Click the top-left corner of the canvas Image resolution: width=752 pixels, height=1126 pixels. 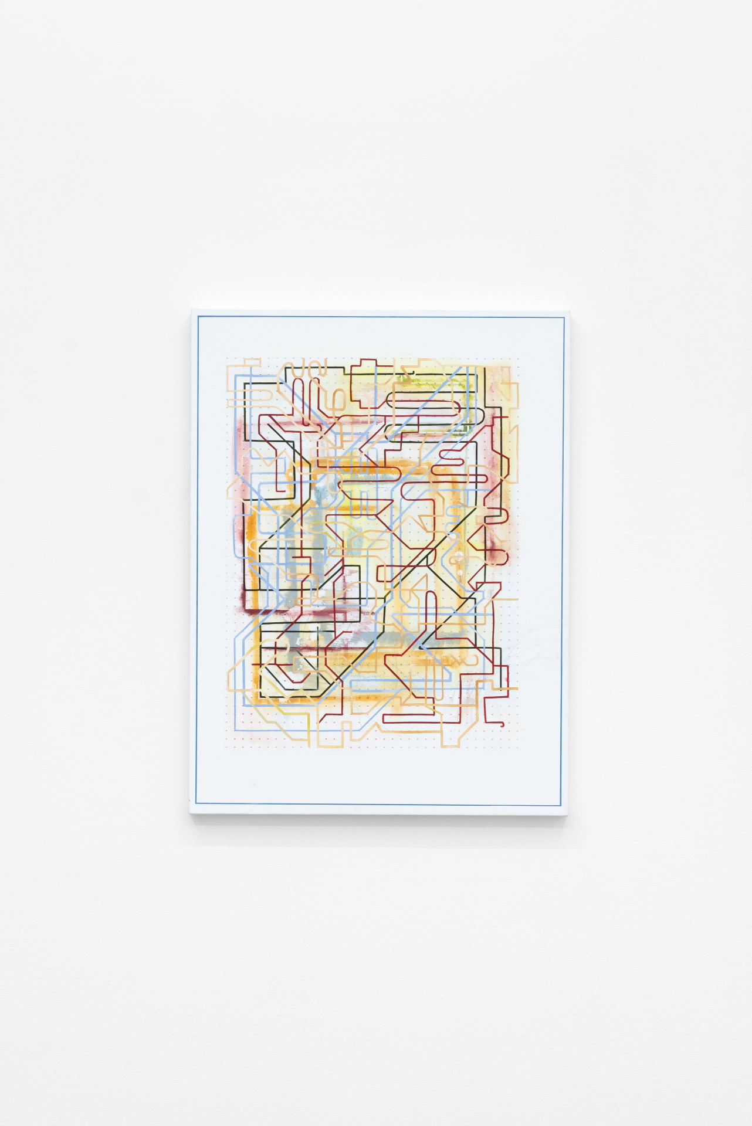point(192,310)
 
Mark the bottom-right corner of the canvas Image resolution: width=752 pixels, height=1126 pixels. point(567,815)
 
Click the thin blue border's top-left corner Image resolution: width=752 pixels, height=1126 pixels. point(198,317)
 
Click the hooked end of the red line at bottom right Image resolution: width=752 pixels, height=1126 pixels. point(502,725)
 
